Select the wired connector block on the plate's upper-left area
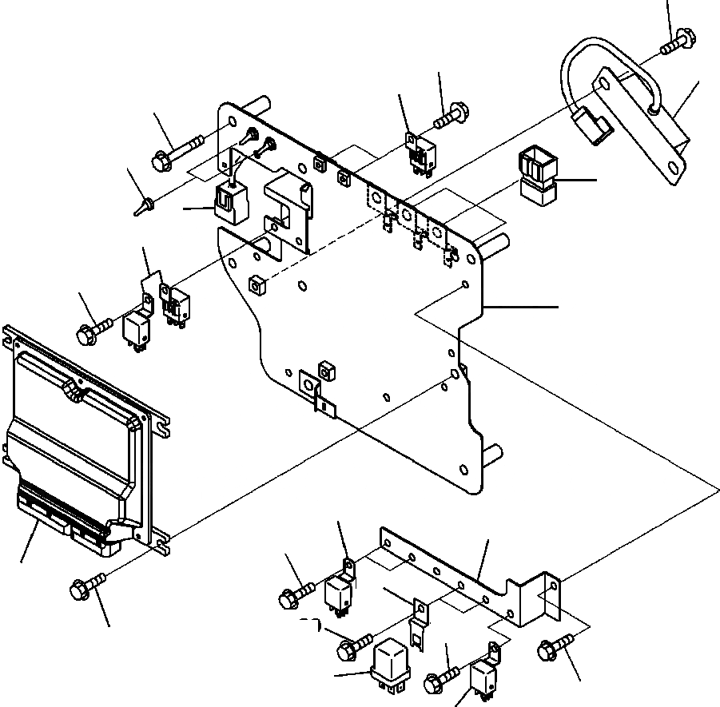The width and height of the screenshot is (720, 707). [229, 200]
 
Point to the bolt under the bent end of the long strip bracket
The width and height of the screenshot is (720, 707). [555, 649]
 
